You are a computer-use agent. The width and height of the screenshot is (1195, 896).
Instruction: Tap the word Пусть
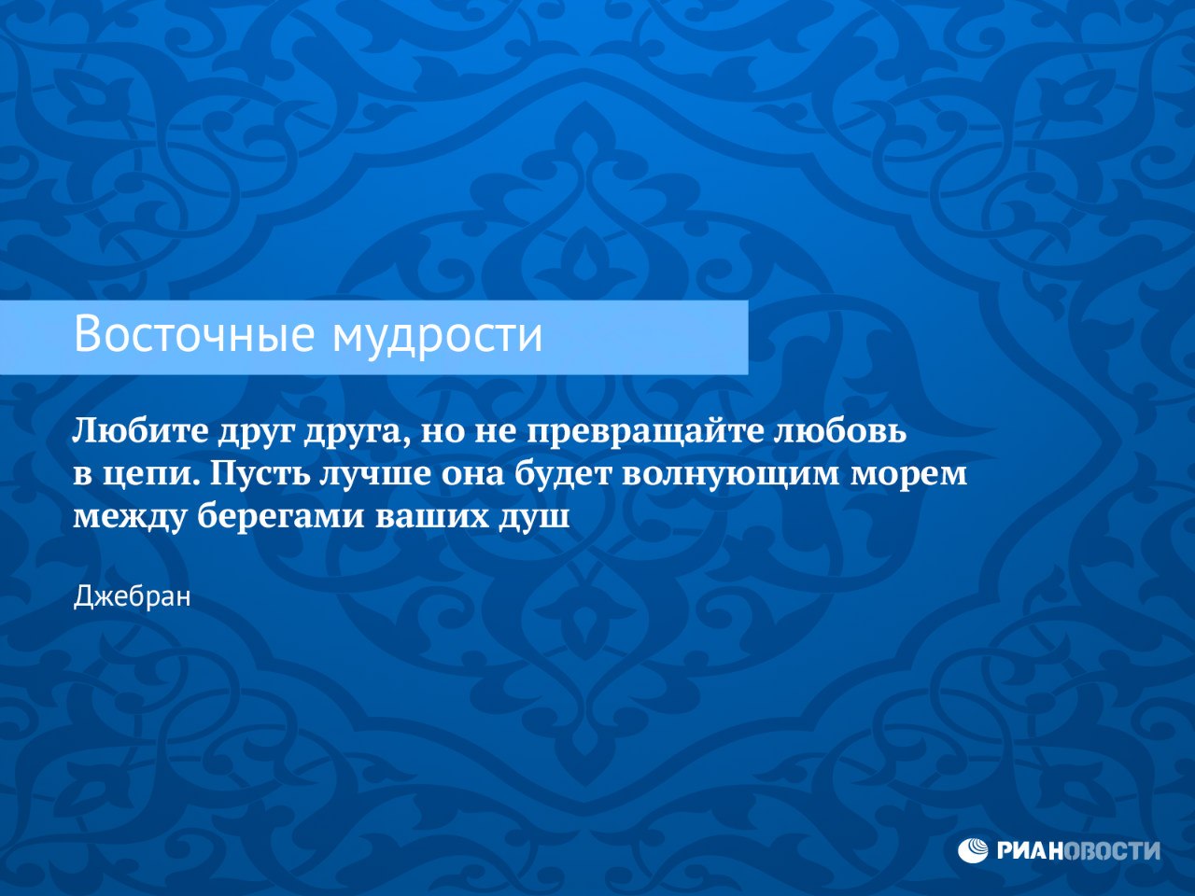point(259,474)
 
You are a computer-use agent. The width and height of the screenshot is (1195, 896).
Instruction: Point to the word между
point(130,517)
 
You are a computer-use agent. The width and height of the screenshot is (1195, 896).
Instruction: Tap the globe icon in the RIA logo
point(974,850)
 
